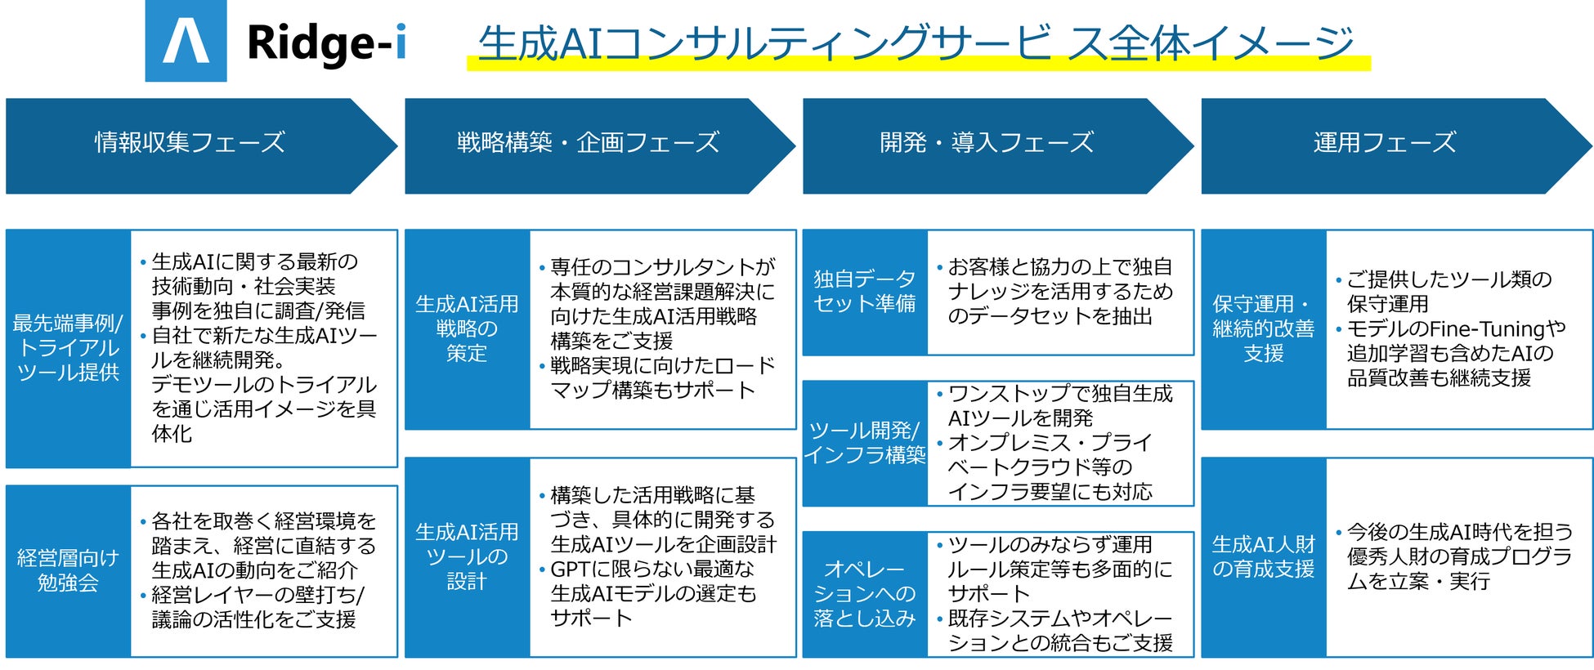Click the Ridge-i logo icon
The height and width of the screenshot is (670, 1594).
click(186, 41)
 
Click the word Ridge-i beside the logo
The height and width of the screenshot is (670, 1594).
click(325, 42)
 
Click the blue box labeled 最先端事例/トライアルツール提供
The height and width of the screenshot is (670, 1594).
click(68, 348)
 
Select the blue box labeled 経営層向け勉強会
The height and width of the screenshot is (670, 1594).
click(68, 570)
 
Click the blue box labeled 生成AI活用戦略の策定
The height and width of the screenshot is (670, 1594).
click(467, 328)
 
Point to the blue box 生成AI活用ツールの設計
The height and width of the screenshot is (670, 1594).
click(467, 556)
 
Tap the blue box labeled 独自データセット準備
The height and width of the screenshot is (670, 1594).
click(864, 292)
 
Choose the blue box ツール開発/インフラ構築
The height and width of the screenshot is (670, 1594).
click(864, 443)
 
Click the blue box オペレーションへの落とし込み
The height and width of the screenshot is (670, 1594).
click(864, 594)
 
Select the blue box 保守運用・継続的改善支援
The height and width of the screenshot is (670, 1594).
click(1263, 328)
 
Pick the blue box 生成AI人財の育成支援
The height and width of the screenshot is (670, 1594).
click(1263, 556)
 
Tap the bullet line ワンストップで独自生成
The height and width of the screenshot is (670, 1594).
click(1060, 394)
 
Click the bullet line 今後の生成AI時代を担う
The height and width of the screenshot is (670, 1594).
click(1460, 533)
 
